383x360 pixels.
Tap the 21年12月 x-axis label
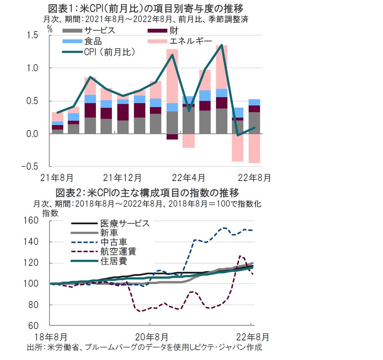click(x=122, y=178)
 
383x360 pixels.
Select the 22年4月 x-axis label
click(x=188, y=178)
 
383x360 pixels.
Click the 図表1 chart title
click(x=146, y=8)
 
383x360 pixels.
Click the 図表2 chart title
click(x=147, y=193)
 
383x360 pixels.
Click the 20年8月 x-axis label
click(x=152, y=337)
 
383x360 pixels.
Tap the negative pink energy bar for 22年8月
click(x=254, y=148)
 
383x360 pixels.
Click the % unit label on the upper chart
click(x=50, y=29)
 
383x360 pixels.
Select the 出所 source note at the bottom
click(x=144, y=347)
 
